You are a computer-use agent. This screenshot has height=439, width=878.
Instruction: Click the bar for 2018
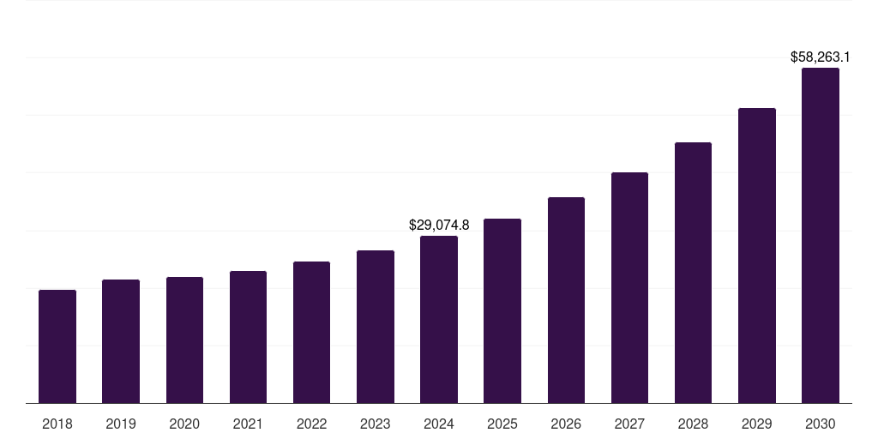[x=57, y=346]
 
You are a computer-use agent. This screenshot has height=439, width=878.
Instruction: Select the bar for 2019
[x=121, y=341]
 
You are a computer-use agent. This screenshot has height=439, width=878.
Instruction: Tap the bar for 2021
[x=248, y=337]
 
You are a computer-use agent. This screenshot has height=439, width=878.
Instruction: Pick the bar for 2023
[x=376, y=327]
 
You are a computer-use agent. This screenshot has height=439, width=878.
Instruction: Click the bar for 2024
[x=439, y=319]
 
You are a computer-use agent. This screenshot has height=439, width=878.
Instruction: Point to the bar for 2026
[x=566, y=300]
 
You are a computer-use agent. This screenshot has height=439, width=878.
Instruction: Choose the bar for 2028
[x=693, y=273]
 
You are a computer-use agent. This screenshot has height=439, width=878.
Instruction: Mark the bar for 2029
[x=757, y=256]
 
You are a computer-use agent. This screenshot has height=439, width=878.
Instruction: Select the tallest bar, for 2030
[x=821, y=236]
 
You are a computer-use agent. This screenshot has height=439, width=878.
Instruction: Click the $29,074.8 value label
[x=439, y=226]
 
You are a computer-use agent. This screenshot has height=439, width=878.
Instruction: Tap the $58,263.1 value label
[x=821, y=57]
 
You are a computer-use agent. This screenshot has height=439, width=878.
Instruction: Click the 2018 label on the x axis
[x=57, y=424]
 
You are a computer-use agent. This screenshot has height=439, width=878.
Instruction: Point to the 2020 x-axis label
[x=184, y=424]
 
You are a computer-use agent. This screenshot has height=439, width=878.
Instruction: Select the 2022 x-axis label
[x=312, y=424]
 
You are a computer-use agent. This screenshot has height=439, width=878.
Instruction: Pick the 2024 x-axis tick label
[x=439, y=424]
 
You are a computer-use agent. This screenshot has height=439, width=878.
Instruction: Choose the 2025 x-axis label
[x=502, y=424]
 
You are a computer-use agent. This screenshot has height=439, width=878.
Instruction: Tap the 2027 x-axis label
[x=629, y=424]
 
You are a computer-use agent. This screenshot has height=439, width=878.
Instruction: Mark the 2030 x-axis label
[x=821, y=424]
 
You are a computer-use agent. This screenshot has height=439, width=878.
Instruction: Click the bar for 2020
[x=184, y=340]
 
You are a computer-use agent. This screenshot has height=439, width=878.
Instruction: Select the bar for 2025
[x=502, y=310]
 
